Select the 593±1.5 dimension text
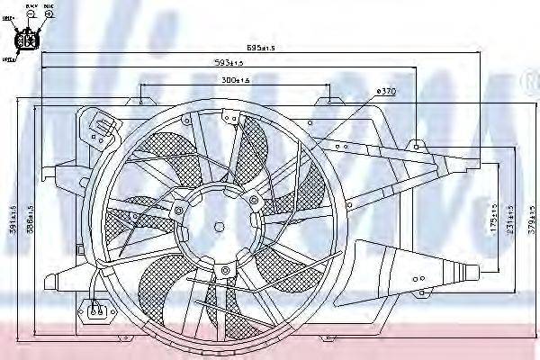click(229, 62)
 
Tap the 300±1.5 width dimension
click(236, 81)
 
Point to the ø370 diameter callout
click(385, 91)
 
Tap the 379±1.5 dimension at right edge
click(532, 216)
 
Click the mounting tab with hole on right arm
click(418, 145)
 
